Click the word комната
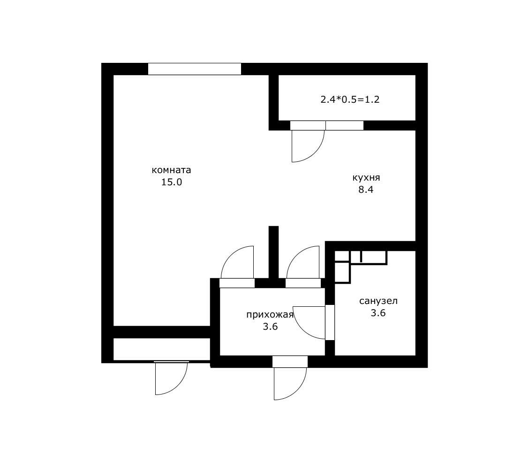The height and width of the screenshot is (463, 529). click(x=171, y=170)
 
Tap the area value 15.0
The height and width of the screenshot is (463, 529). click(x=171, y=182)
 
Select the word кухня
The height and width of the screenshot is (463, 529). click(x=366, y=178)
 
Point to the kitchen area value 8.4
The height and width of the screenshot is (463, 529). click(x=366, y=190)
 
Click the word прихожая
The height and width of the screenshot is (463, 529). click(x=270, y=315)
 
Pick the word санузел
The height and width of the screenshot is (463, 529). click(x=378, y=301)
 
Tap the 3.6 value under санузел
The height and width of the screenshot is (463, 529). click(x=378, y=313)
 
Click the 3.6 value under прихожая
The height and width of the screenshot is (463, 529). click(x=270, y=326)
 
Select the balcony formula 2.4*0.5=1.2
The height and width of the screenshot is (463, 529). click(x=350, y=99)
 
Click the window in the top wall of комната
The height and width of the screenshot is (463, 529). click(x=195, y=69)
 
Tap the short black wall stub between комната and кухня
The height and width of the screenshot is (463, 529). click(x=273, y=252)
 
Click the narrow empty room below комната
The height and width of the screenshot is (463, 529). click(x=162, y=349)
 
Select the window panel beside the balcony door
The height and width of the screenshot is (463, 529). click(x=344, y=126)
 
